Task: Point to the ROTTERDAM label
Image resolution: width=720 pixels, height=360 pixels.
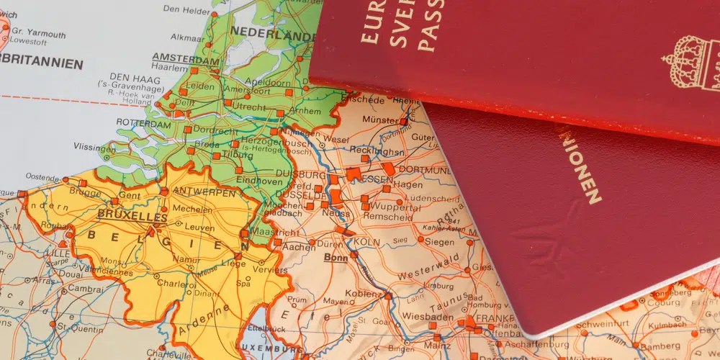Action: click(x=140, y=122)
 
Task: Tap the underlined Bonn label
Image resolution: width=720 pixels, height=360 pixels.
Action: click(x=336, y=257)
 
